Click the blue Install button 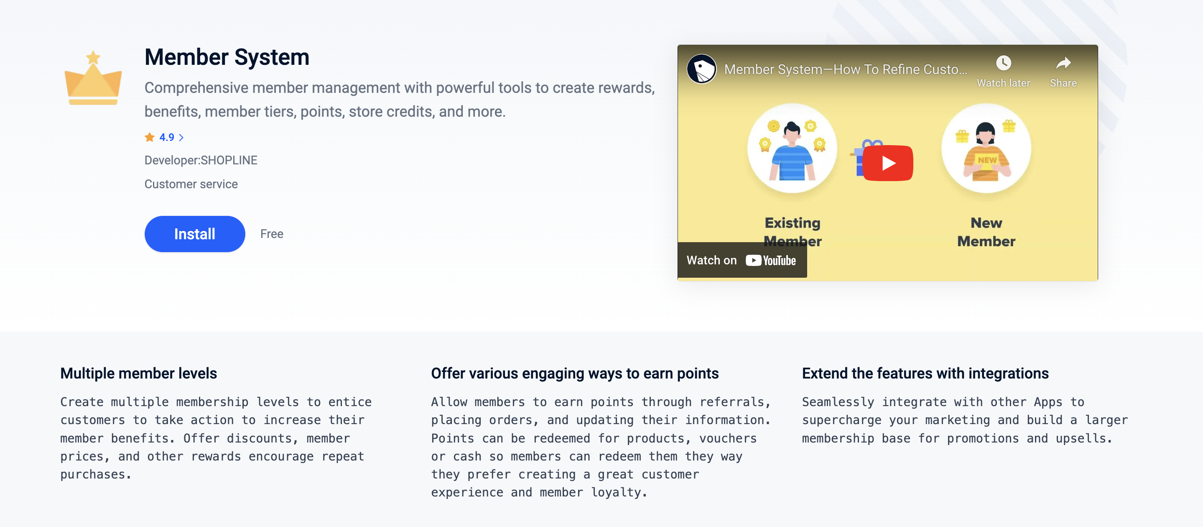(x=195, y=234)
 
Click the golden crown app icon (x=93, y=78)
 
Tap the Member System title (x=227, y=57)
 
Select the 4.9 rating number (x=167, y=137)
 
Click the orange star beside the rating (x=150, y=137)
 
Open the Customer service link (x=191, y=184)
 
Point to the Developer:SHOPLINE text (x=201, y=160)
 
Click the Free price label (x=272, y=234)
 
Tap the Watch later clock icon (x=1004, y=63)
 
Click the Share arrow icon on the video (x=1063, y=63)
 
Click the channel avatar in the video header (x=701, y=69)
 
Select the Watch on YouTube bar (x=742, y=260)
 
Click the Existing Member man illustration (x=792, y=148)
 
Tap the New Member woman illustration (x=986, y=148)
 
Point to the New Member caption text (x=986, y=232)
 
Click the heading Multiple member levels (x=139, y=374)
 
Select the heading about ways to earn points (x=575, y=374)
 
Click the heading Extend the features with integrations (x=925, y=374)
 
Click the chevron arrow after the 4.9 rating (x=181, y=137)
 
